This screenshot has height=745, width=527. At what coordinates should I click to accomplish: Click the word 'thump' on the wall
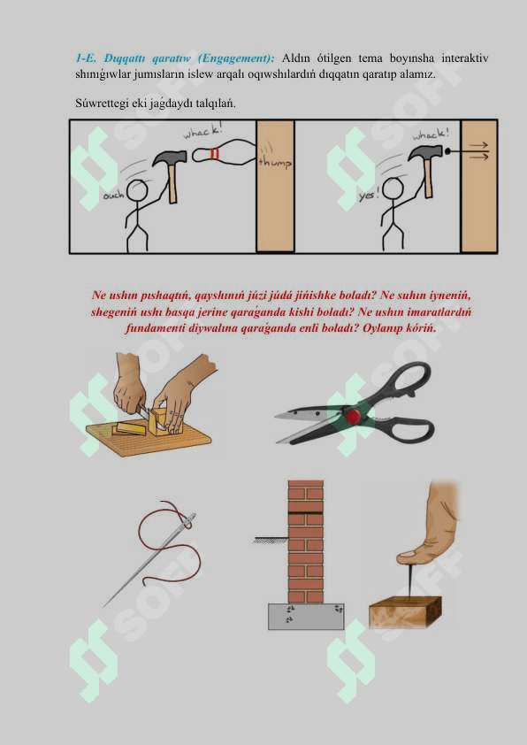pyautogui.click(x=275, y=162)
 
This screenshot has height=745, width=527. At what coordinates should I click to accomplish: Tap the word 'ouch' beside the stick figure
pyautogui.click(x=114, y=195)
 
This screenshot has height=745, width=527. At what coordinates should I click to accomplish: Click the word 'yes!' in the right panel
pyautogui.click(x=369, y=195)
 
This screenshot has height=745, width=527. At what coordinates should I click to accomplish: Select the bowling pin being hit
pyautogui.click(x=224, y=153)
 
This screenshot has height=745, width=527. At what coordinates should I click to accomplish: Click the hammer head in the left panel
pyautogui.click(x=170, y=158)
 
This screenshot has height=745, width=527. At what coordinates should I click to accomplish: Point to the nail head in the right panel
pyautogui.click(x=447, y=152)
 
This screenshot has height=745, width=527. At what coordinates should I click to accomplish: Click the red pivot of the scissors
pyautogui.click(x=352, y=416)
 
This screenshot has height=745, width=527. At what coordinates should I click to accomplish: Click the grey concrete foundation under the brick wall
pyautogui.click(x=306, y=616)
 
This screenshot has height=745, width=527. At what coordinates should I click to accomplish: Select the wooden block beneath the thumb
pyautogui.click(x=405, y=612)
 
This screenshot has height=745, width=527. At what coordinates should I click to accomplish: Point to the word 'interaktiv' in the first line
pyautogui.click(x=465, y=58)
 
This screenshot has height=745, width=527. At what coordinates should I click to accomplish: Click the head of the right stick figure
pyautogui.click(x=393, y=188)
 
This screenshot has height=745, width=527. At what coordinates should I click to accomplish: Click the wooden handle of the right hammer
pyautogui.click(x=428, y=177)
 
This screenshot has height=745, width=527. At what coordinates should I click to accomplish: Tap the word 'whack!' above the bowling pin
pyautogui.click(x=202, y=131)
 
